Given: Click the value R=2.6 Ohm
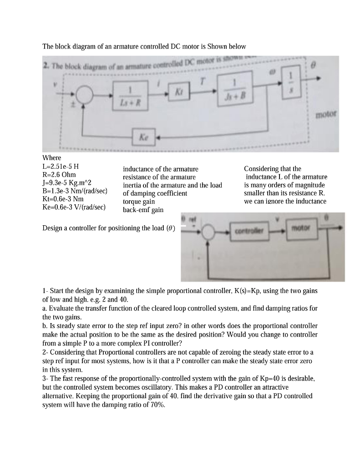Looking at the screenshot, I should point(59,174).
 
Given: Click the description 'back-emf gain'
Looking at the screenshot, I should point(143,210).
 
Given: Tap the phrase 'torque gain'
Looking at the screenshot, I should point(139,202).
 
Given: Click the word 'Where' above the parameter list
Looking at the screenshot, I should point(51,158).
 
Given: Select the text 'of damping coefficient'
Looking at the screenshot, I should point(155,193).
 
